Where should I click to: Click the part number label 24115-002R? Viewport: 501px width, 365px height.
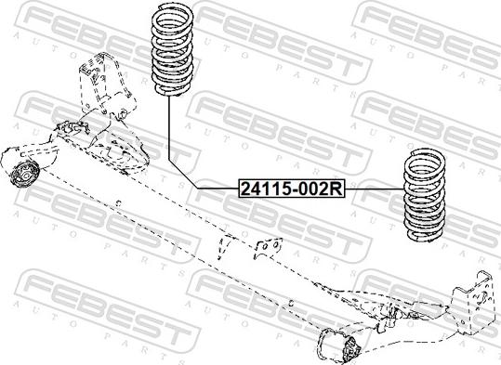pos(292,189)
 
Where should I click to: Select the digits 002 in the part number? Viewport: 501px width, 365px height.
pos(314,189)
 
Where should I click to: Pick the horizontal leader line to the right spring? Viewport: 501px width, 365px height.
pos(372,189)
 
